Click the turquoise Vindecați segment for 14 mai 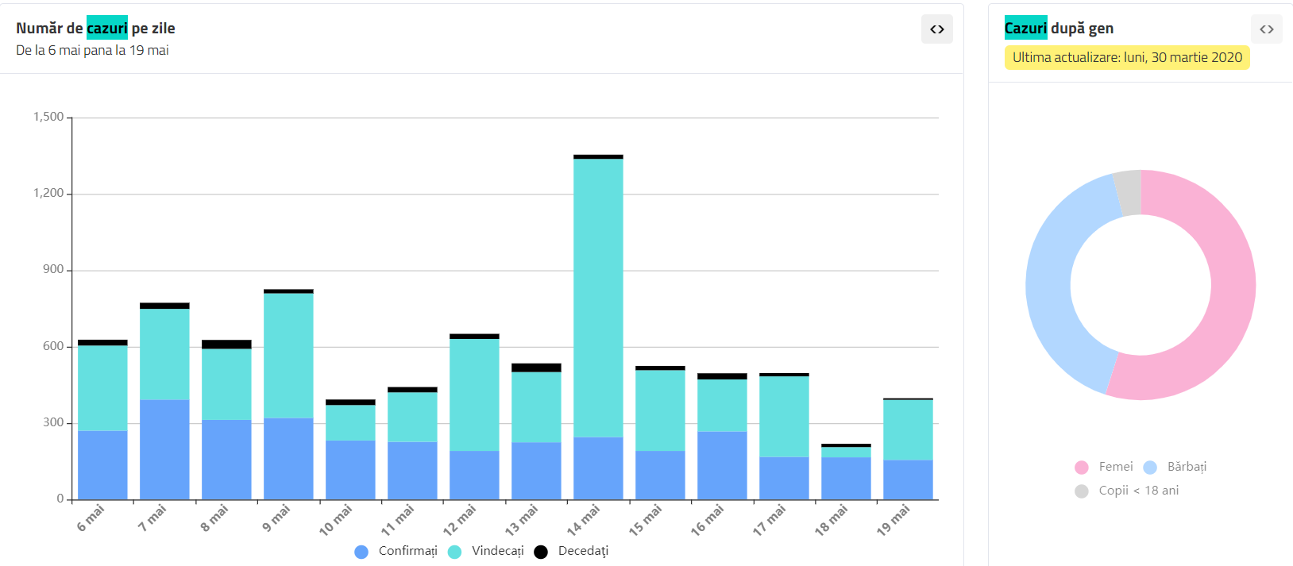[x=598, y=298]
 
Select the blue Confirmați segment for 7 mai [x=164, y=449]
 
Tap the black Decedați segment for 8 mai [x=226, y=345]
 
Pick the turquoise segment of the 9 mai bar [x=288, y=356]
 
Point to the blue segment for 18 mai [x=846, y=478]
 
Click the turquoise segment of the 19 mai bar [x=908, y=429]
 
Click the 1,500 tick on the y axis [x=48, y=117]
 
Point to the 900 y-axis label [x=53, y=269]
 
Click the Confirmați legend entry [x=407, y=551]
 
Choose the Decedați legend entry [x=583, y=551]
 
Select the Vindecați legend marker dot [x=455, y=552]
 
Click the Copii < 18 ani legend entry [x=1138, y=491]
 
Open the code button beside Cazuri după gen [x=1267, y=29]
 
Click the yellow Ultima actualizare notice [x=1127, y=57]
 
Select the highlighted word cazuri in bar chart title [x=107, y=29]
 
